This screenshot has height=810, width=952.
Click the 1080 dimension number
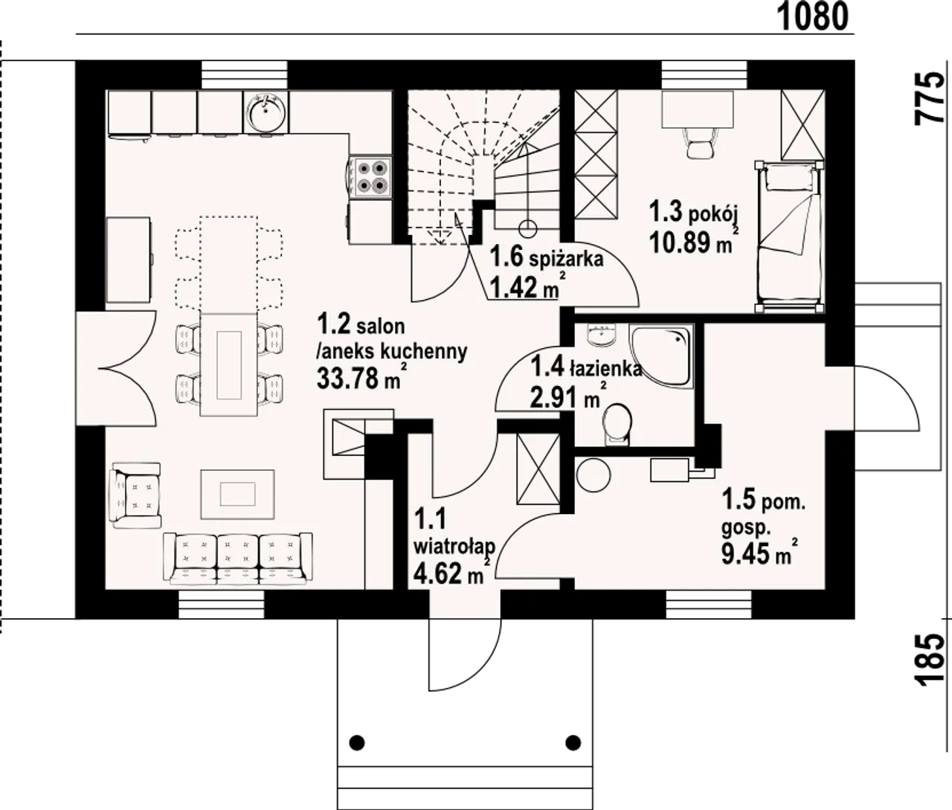[812, 16]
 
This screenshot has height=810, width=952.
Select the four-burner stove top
[371, 177]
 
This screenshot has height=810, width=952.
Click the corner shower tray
[662, 356]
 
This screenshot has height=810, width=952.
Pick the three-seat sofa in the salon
[238, 559]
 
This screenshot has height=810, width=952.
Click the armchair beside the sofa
[136, 495]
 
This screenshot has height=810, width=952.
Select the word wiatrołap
[454, 546]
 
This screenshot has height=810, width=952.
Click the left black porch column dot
[357, 742]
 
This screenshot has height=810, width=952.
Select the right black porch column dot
[573, 742]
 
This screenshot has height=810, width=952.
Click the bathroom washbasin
[602, 334]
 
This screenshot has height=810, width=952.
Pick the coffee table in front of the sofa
[237, 494]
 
